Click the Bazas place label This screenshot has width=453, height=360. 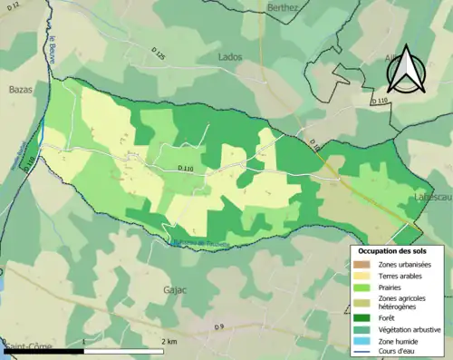[x=21, y=91]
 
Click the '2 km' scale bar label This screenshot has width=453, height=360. [x=169, y=342]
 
